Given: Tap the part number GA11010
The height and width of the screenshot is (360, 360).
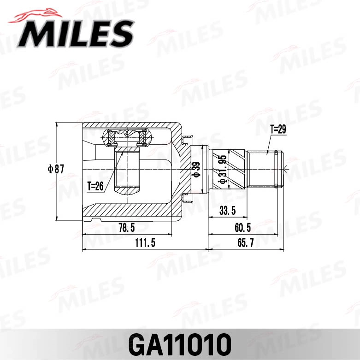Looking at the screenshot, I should point(180,343).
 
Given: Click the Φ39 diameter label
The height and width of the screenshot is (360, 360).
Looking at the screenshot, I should point(195,170).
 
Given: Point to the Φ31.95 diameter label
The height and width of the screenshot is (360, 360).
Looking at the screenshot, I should point(222,170).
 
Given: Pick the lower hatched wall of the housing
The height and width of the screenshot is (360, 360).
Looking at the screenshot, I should point(129,211).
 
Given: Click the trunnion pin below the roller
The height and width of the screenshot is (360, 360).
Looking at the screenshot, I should point(127,171).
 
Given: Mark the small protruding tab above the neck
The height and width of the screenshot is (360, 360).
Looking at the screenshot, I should point(188,139).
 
